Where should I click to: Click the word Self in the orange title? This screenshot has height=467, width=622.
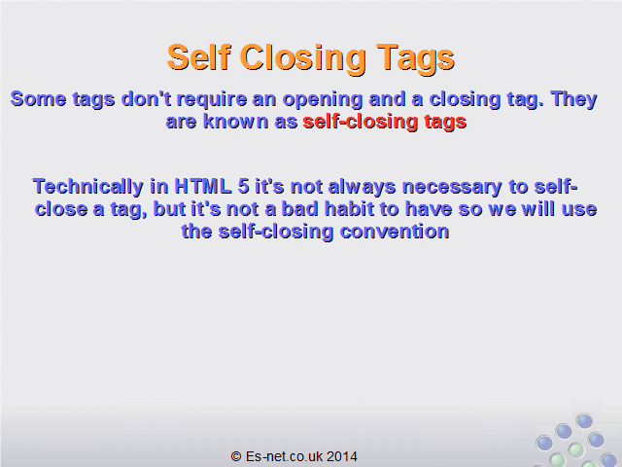click(x=199, y=57)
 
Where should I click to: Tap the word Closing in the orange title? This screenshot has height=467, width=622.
click(x=303, y=59)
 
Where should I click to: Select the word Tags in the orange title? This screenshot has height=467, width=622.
click(x=415, y=59)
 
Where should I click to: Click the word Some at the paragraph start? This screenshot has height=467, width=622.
click(x=38, y=98)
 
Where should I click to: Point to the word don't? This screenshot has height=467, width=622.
click(x=147, y=98)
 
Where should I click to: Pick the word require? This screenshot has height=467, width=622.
click(x=212, y=100)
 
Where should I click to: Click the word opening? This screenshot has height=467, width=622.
click(x=323, y=100)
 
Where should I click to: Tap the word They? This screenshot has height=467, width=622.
click(x=573, y=100)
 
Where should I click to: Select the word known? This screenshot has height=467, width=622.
click(x=235, y=121)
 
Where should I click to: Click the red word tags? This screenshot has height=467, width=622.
click(x=445, y=123)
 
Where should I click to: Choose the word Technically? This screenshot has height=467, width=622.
click(x=88, y=187)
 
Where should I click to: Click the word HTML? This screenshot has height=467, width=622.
click(x=203, y=186)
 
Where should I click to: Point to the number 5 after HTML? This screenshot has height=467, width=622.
click(x=244, y=186)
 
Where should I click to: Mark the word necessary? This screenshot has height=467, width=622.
click(x=452, y=188)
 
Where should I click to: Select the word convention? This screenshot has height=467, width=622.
click(x=395, y=232)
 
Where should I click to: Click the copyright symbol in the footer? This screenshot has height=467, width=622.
click(x=236, y=456)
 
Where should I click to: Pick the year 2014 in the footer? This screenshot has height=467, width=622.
click(x=342, y=456)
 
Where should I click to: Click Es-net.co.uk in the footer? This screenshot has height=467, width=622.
click(x=284, y=456)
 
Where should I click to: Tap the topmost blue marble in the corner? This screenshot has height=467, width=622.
click(x=584, y=421)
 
